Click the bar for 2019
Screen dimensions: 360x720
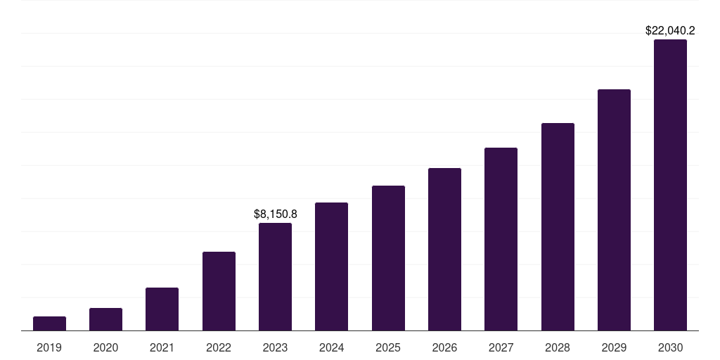(x=49, y=323)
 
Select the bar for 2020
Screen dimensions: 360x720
(x=105, y=319)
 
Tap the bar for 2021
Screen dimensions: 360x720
(x=162, y=309)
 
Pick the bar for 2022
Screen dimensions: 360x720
(x=219, y=291)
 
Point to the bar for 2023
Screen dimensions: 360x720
(x=275, y=276)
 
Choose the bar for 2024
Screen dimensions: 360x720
(x=332, y=266)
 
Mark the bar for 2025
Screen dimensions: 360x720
(x=388, y=258)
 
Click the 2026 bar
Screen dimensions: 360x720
(x=444, y=249)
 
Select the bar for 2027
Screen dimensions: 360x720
(x=501, y=239)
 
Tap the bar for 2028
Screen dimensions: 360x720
(x=558, y=226)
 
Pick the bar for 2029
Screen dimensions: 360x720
(x=614, y=210)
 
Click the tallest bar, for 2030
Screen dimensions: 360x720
(x=670, y=185)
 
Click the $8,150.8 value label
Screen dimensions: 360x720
(x=276, y=214)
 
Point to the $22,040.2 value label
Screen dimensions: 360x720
(x=670, y=30)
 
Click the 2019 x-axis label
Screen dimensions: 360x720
(x=49, y=347)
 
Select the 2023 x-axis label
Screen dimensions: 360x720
(x=275, y=347)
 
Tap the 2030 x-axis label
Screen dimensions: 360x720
(x=670, y=347)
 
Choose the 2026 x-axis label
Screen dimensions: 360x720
(x=444, y=347)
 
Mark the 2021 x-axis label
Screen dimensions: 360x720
(x=162, y=347)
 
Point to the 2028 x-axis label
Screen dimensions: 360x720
(x=558, y=347)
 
